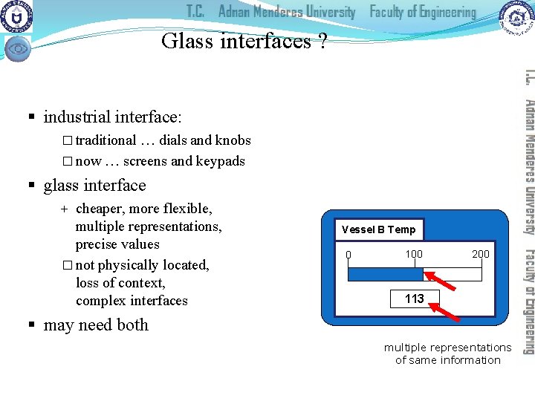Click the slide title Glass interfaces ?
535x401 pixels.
click(244, 41)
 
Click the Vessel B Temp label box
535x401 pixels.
click(378, 229)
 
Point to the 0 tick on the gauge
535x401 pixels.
click(348, 255)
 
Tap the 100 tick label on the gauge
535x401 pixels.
click(414, 254)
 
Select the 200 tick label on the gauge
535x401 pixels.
click(481, 254)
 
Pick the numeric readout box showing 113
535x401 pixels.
click(415, 299)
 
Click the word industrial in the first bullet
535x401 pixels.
click(75, 117)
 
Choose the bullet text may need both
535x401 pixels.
click(96, 325)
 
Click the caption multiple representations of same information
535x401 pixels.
click(447, 353)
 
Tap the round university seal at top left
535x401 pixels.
click(16, 16)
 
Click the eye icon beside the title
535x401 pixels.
click(18, 48)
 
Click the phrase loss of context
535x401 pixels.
click(120, 283)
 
